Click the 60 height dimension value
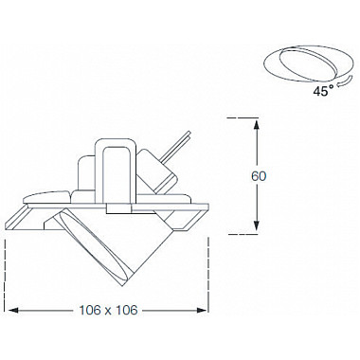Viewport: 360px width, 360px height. [x=259, y=176]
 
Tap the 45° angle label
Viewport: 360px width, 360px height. [x=323, y=91]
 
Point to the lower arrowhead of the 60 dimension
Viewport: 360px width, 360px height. [x=257, y=225]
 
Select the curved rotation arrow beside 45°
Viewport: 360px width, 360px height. [x=345, y=81]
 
